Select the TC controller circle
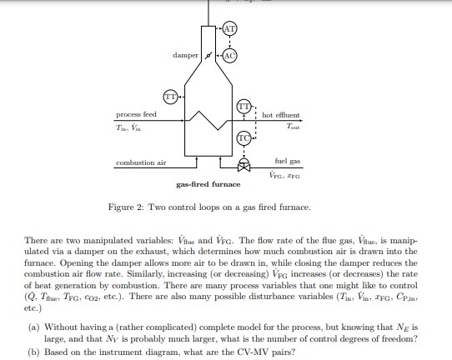pos(244,137)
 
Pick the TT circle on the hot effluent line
pos(244,107)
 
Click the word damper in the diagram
pos(184,55)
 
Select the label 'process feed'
pos(136,114)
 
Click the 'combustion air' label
pos(140,162)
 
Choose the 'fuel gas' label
pos(288,161)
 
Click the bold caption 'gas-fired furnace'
pos(208,184)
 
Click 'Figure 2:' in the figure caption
pos(128,207)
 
